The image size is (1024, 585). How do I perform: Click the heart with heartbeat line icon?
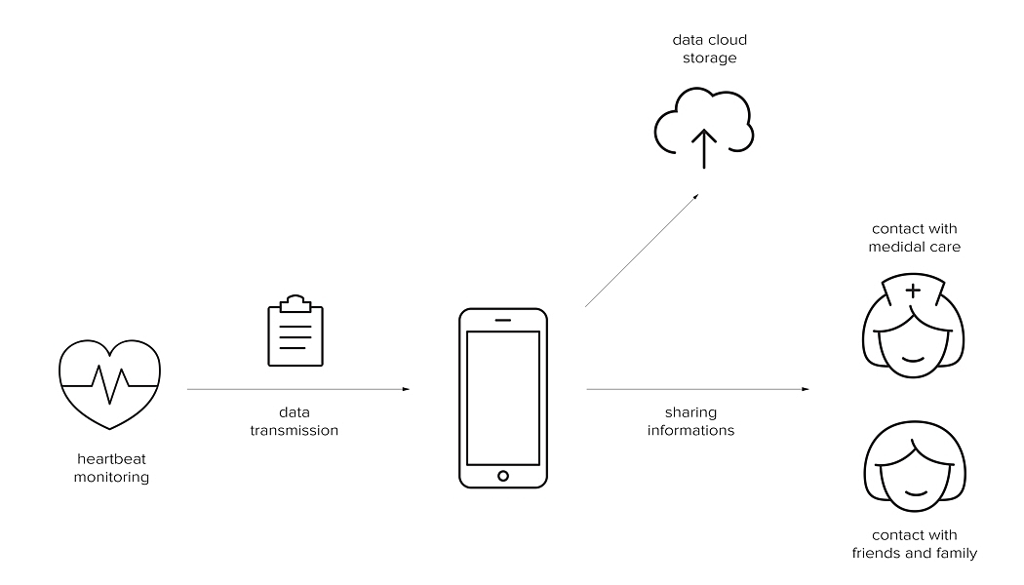point(109,383)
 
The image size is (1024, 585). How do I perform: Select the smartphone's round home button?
point(503,475)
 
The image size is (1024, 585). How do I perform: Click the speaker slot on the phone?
point(503,320)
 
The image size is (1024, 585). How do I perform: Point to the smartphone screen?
point(503,398)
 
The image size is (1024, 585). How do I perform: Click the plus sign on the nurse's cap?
point(913,291)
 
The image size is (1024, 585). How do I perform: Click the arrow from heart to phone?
point(297,389)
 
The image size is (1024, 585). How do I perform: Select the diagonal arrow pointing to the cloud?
point(642,251)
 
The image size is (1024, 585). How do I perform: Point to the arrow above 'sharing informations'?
point(697,389)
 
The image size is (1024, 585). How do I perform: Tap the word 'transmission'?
point(295,430)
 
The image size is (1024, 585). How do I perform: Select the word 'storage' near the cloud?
point(709,58)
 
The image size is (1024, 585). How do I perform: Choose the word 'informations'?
point(690,430)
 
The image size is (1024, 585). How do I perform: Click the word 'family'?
point(956,554)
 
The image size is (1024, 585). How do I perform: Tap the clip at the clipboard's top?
point(295,299)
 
